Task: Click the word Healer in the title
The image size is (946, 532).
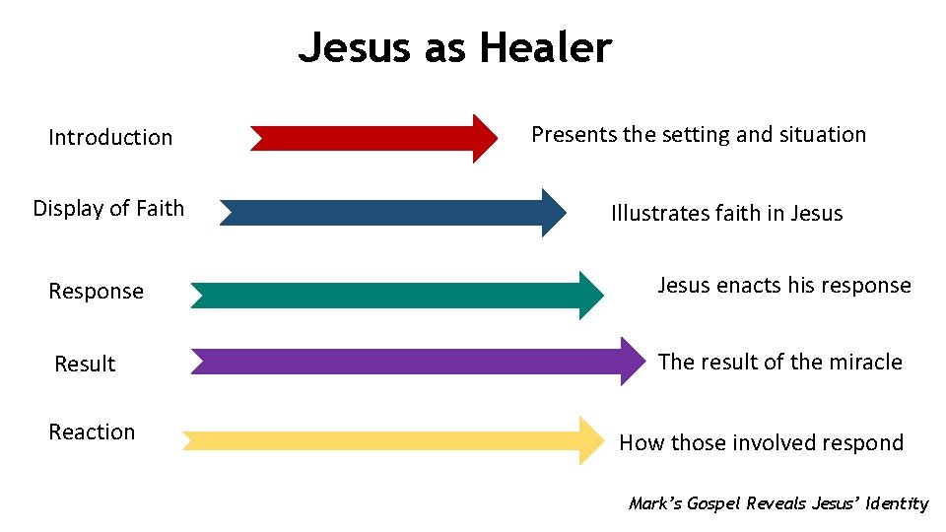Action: coord(547,47)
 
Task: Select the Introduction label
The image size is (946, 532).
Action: coord(110,138)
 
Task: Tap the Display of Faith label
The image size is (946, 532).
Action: coord(108,208)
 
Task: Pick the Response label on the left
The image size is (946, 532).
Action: coord(97,292)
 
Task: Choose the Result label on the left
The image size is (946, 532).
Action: coord(85,364)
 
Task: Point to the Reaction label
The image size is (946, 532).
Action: coord(93,432)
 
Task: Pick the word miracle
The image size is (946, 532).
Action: coord(866,362)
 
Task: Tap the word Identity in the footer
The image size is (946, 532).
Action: coord(897,503)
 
